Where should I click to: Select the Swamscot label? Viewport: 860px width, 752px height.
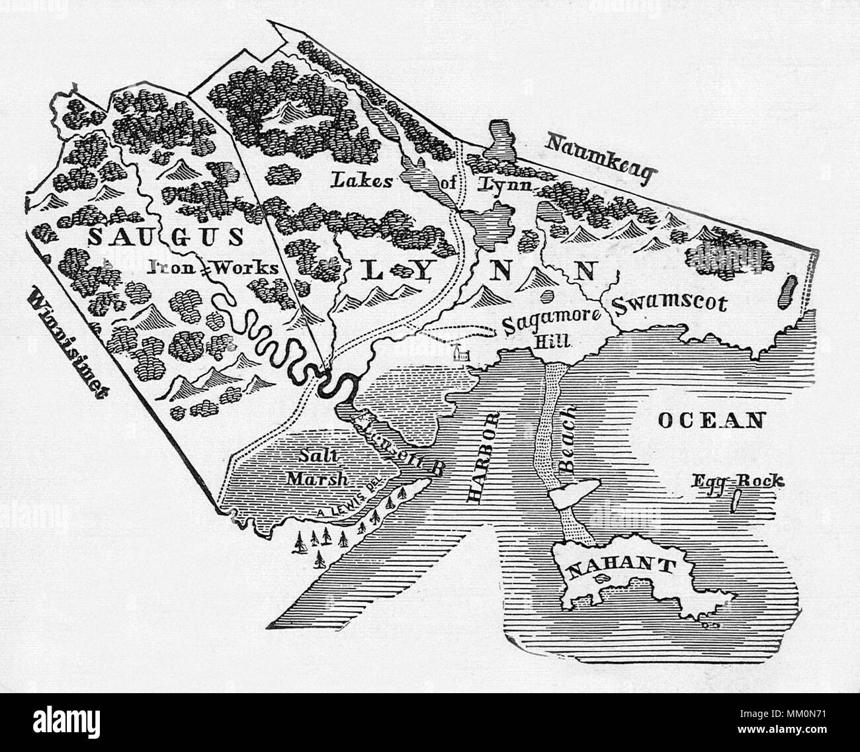[x=669, y=304]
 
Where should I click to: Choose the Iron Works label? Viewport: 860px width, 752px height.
[x=212, y=267]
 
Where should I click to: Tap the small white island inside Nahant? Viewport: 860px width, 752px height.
[x=603, y=578]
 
